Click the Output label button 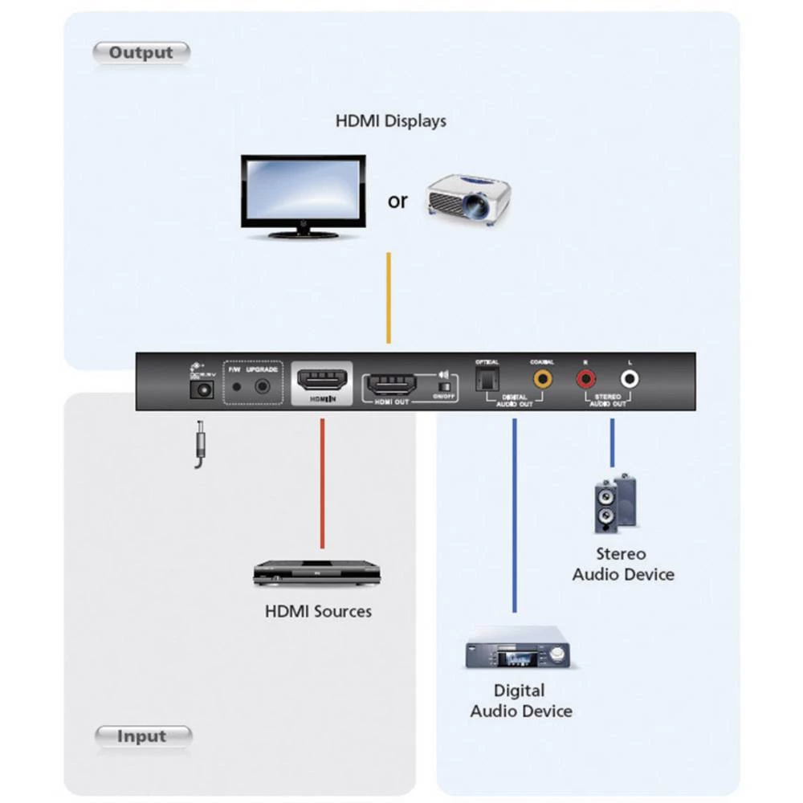pyautogui.click(x=141, y=53)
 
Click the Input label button pyautogui.click(x=143, y=736)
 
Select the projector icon pyautogui.click(x=469, y=195)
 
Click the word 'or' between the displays pyautogui.click(x=397, y=201)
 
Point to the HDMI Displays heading pyautogui.click(x=390, y=121)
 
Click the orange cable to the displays pyautogui.click(x=389, y=297)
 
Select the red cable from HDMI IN pyautogui.click(x=322, y=482)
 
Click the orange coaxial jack pyautogui.click(x=544, y=377)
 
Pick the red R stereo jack pyautogui.click(x=586, y=377)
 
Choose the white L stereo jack pyautogui.click(x=629, y=377)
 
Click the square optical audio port pyautogui.click(x=487, y=377)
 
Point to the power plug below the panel pyautogui.click(x=198, y=446)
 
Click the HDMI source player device pyautogui.click(x=316, y=573)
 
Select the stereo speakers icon pyautogui.click(x=615, y=503)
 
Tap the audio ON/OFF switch pyautogui.click(x=442, y=386)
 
